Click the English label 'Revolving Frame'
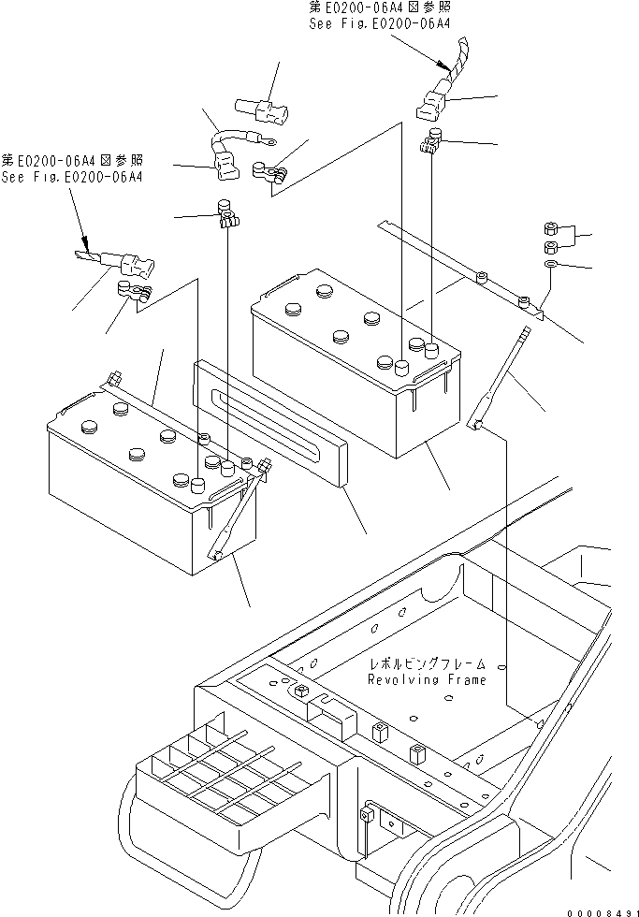pos(427,679)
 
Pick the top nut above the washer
pos(551,229)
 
